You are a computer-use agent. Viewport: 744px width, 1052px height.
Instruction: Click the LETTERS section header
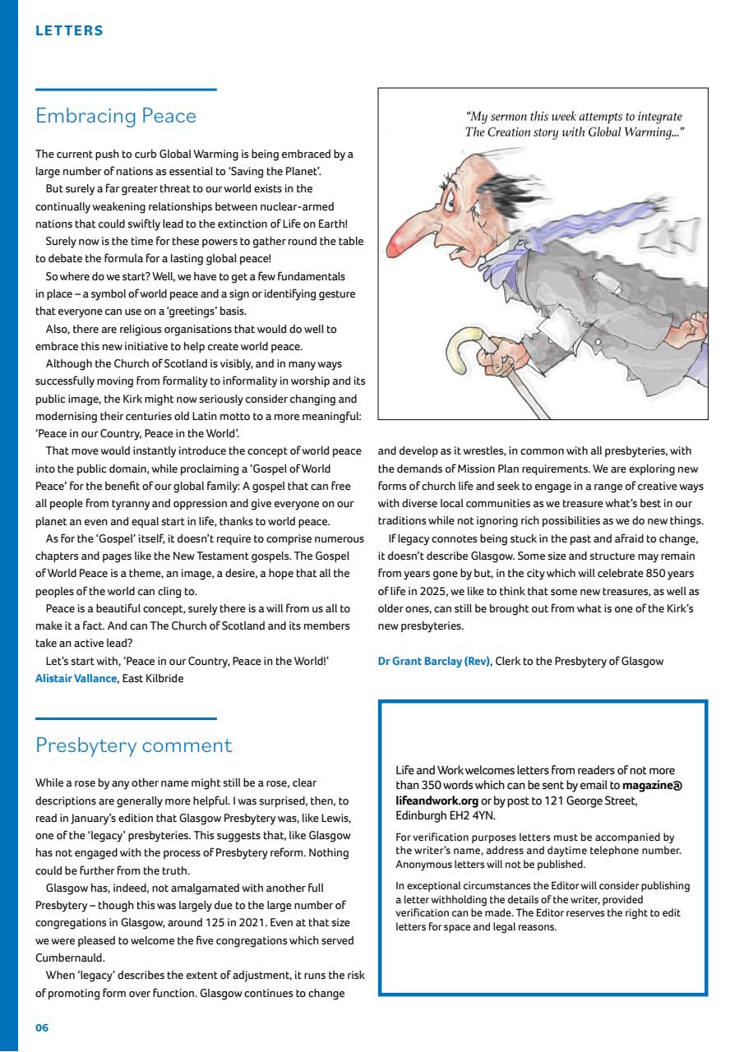point(69,31)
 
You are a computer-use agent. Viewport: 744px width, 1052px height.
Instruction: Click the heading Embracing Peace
point(116,116)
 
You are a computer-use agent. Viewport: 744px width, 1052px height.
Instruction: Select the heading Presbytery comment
point(134,745)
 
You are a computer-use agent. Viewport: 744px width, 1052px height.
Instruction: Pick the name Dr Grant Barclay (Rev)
point(434,661)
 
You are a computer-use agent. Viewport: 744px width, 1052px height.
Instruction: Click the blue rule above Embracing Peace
point(125,89)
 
